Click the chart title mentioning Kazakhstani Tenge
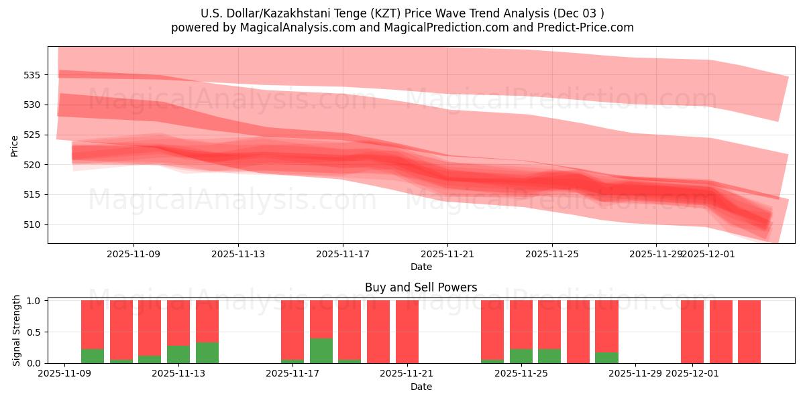coord(402,13)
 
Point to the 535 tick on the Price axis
coord(33,75)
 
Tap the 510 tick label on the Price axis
coord(33,224)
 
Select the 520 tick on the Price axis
coord(33,165)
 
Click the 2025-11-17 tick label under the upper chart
coord(343,255)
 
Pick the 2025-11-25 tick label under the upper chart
coord(552,255)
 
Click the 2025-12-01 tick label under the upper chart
coord(708,255)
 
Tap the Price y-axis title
coord(15,145)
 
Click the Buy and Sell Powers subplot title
coord(421,287)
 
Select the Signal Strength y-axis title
coord(17,331)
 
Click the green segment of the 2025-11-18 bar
coord(321,350)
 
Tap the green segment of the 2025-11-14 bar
coord(207,352)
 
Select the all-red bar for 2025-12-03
coord(749,332)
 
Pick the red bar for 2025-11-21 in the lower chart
coord(407,332)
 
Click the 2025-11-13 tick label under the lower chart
coord(178,374)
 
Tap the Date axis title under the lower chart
coord(421,387)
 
